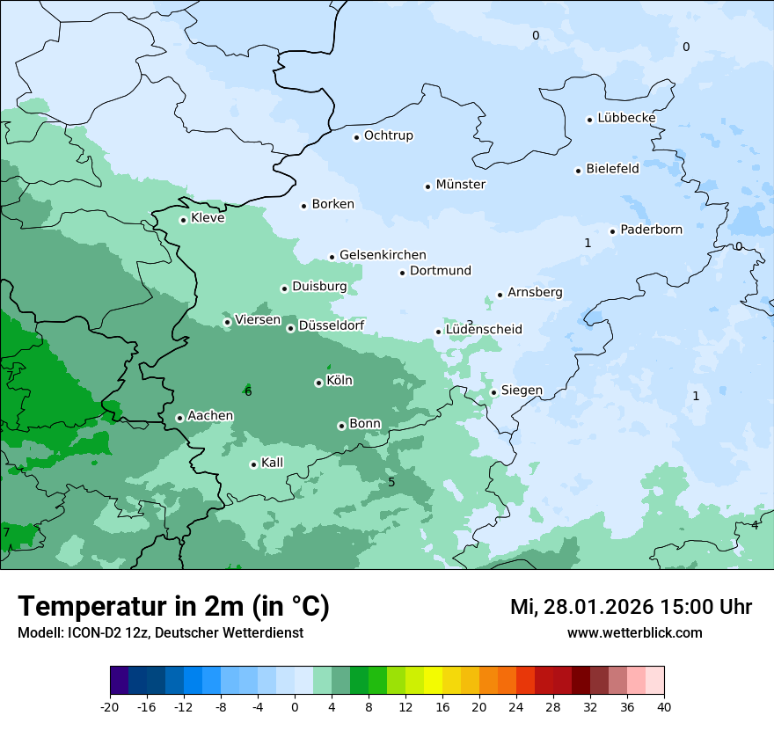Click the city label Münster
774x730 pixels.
460,185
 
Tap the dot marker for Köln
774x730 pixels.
318,383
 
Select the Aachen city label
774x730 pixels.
210,416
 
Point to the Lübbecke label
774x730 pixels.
626,118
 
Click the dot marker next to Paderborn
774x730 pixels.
613,231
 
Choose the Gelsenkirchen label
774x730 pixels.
383,255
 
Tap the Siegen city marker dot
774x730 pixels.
494,392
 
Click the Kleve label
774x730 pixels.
208,218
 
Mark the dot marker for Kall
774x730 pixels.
253,464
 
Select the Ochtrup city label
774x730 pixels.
388,135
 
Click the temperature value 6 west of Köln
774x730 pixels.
248,391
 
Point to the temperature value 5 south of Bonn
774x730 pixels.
391,482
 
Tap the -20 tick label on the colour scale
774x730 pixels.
110,706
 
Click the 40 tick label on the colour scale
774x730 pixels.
664,706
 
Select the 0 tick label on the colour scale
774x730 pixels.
295,706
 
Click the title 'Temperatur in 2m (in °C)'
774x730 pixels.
174,606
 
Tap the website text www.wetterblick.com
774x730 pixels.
634,632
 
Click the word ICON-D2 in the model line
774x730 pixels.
91,632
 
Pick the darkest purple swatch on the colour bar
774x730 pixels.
119,681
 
